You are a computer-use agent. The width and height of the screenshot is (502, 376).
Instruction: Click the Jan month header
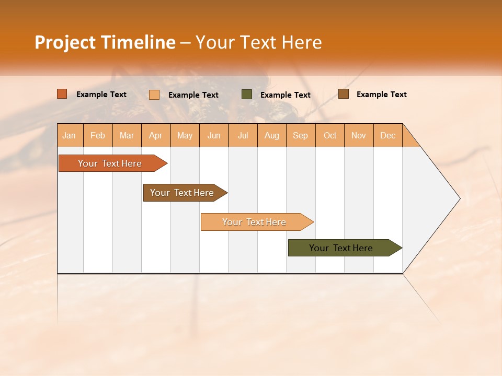[70, 135]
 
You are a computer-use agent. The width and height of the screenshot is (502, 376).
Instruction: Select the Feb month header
[98, 135]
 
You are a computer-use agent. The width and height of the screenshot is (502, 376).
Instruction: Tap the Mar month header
[127, 135]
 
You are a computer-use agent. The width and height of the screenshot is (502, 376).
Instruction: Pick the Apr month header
[156, 135]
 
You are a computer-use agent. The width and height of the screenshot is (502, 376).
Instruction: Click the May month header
[185, 135]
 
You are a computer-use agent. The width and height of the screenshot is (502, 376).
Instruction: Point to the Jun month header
[214, 135]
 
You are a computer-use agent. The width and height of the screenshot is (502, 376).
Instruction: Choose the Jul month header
[243, 135]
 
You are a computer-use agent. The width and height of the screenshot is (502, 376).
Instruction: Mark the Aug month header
[272, 135]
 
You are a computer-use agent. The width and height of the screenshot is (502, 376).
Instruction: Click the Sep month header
[301, 135]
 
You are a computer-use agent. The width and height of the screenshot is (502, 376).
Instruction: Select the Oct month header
[330, 135]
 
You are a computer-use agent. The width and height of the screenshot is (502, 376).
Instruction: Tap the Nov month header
[359, 135]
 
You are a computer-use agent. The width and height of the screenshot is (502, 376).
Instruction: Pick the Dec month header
[388, 135]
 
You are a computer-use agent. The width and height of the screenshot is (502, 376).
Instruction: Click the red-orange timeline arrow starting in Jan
[110, 163]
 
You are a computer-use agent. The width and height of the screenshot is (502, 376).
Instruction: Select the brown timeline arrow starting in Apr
[182, 193]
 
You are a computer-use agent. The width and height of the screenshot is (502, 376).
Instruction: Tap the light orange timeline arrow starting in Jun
[255, 222]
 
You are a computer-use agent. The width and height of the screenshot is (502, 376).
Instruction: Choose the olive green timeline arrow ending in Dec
[341, 248]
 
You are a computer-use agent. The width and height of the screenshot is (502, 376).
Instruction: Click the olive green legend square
[247, 95]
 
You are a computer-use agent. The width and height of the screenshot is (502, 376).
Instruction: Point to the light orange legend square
[154, 95]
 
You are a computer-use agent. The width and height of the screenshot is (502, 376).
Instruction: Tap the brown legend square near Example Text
[344, 94]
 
